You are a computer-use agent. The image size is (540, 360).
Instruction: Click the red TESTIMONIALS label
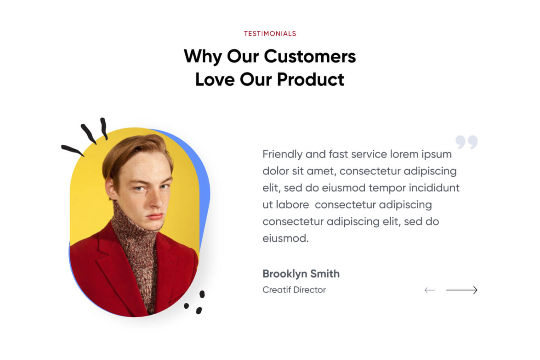(x=270, y=33)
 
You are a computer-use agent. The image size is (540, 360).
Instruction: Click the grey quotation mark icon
(x=466, y=142)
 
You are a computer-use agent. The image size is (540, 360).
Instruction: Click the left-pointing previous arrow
(x=430, y=290)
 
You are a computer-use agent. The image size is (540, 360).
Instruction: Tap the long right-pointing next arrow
(x=462, y=290)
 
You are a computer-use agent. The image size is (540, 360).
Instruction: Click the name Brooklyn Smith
(x=301, y=273)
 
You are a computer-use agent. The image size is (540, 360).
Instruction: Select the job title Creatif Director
(x=294, y=290)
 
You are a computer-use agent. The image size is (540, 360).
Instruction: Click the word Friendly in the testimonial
(x=282, y=154)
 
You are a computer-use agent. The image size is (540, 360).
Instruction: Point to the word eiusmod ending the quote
(x=286, y=238)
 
